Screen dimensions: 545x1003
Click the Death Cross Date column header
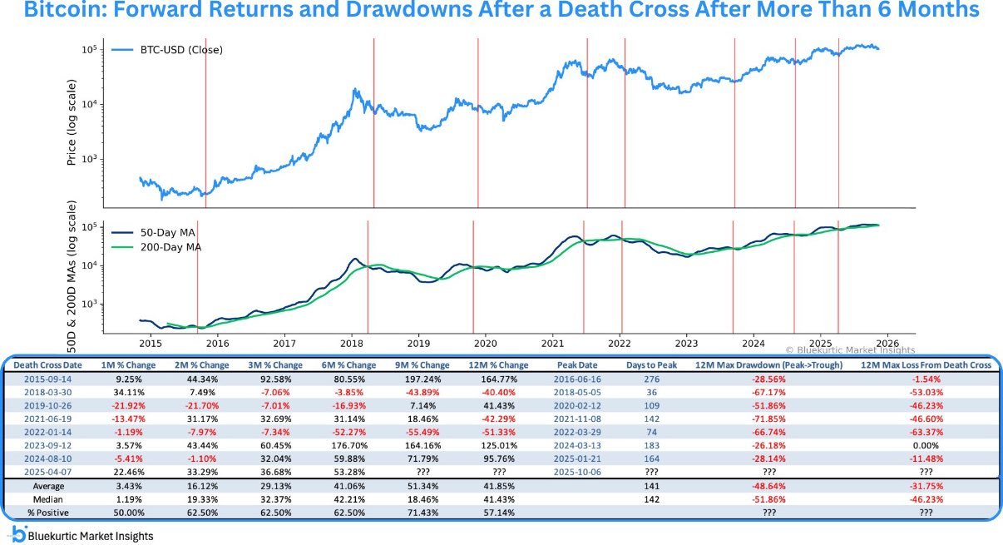tap(47, 365)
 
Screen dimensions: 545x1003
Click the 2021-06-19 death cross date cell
tap(47, 419)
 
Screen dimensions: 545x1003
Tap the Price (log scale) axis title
tap(72, 122)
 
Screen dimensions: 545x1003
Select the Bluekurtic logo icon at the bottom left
tap(17, 534)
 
